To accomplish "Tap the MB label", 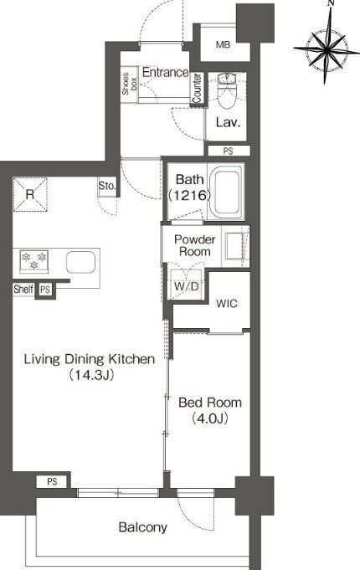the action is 223,44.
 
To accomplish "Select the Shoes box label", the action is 129,84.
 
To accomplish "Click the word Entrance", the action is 165,72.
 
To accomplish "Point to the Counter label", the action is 197,88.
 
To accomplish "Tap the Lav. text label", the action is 228,122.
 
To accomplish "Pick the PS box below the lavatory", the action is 229,151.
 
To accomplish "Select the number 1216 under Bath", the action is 189,195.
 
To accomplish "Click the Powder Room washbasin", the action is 234,246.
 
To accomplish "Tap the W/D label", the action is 186,286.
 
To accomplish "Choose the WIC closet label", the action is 227,303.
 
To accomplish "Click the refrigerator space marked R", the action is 30,194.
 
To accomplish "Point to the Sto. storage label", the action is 107,186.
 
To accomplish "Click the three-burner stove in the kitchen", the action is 33,260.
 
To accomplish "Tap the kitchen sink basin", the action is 80,262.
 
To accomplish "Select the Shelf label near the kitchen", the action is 23,290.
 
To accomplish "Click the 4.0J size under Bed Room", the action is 210,419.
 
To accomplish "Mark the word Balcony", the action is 143,527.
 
